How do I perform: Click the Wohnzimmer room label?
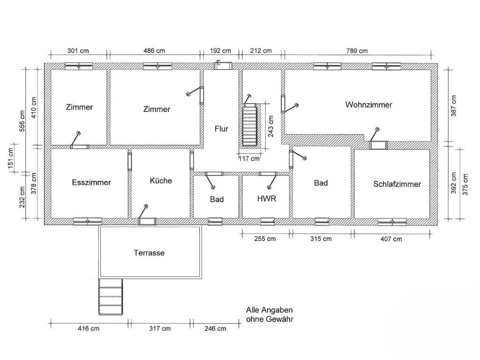click(368, 105)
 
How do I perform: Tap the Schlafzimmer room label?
click(397, 184)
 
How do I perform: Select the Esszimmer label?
click(91, 182)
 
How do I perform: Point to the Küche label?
click(161, 180)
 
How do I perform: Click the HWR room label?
click(267, 199)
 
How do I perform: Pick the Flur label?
click(221, 129)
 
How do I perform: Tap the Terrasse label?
click(149, 253)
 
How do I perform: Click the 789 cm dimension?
click(357, 51)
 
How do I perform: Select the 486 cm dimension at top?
click(154, 51)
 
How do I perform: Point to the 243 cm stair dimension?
click(270, 126)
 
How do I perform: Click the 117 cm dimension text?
click(249, 158)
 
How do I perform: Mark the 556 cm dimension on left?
click(22, 121)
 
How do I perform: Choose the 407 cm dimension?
click(391, 239)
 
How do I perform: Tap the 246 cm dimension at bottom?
click(215, 329)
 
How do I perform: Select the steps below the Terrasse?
click(111, 296)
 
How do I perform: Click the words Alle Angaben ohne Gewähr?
click(270, 315)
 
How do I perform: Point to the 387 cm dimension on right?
click(453, 106)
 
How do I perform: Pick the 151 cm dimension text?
click(10, 158)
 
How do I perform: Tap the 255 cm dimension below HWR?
click(265, 239)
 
